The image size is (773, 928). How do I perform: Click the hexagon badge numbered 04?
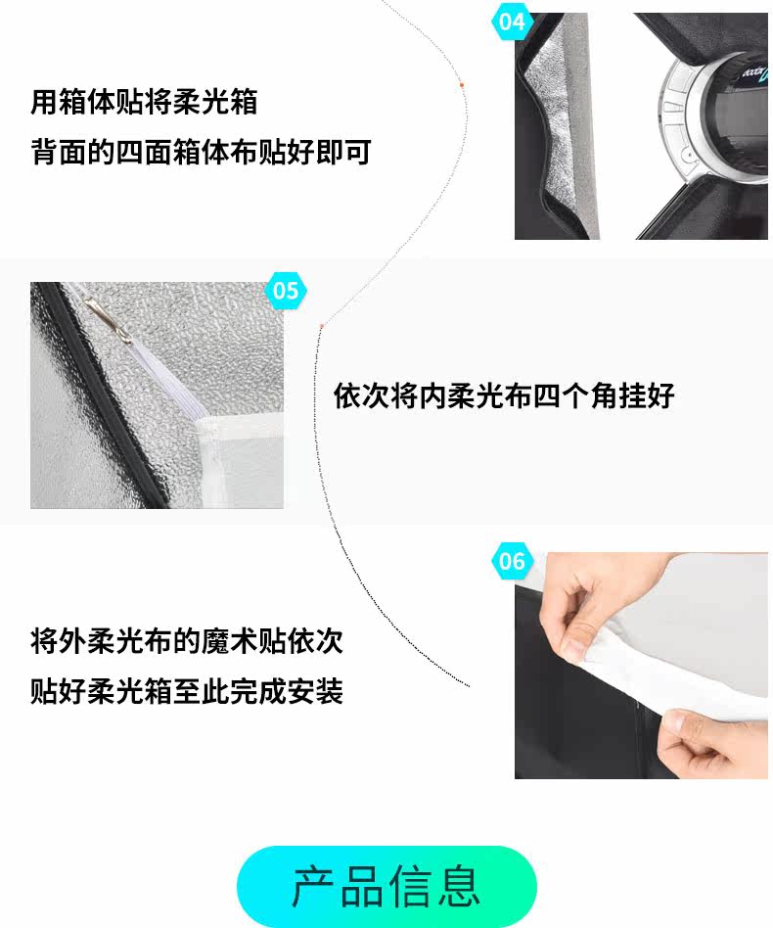511,22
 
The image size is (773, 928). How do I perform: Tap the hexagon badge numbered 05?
286,290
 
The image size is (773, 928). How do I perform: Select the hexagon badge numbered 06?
511,560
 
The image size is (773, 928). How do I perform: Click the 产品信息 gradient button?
386,886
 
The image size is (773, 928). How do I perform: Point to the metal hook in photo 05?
108,318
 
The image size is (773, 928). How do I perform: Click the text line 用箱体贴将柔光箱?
144,102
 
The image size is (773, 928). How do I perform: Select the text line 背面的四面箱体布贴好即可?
202,152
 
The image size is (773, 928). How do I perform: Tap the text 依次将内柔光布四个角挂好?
504,395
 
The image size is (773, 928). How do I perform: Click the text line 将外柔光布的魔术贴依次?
187,641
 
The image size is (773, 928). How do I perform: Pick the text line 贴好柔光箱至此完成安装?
187,691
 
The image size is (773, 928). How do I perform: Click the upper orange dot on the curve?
462,85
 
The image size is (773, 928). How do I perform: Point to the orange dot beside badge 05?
322,326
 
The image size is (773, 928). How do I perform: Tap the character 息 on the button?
459,886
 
